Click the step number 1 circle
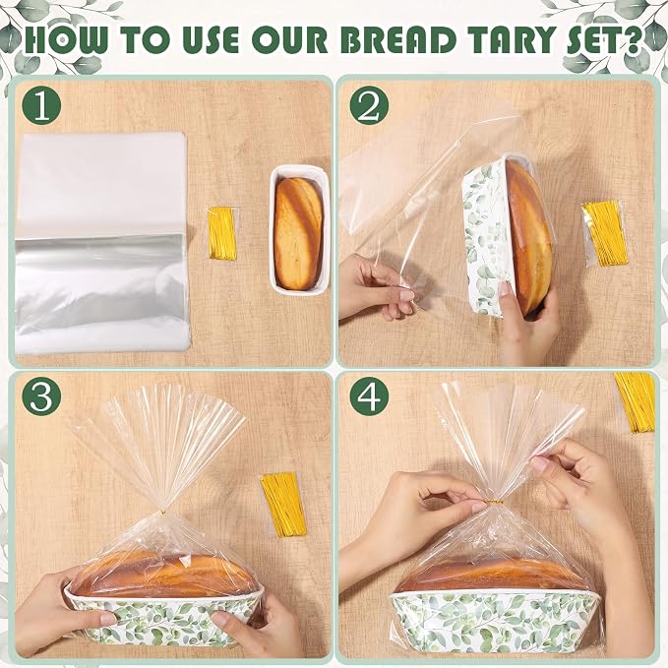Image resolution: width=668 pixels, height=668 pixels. click(41, 105)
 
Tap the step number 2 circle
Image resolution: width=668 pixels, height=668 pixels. click(369, 105)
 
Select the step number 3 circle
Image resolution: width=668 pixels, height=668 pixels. click(41, 396)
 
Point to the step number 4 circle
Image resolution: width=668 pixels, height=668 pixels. click(369, 396)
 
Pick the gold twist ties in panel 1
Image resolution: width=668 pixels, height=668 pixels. click(222, 233)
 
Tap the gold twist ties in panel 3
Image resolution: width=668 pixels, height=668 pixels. click(283, 499)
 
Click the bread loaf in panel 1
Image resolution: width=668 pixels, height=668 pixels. click(298, 233)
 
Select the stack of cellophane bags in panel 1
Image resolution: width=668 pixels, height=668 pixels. click(101, 243)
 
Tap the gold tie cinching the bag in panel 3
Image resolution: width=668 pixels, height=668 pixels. click(162, 509)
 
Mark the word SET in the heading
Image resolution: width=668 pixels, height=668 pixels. click(592, 39)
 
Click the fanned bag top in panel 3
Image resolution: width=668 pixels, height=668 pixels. click(157, 443)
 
